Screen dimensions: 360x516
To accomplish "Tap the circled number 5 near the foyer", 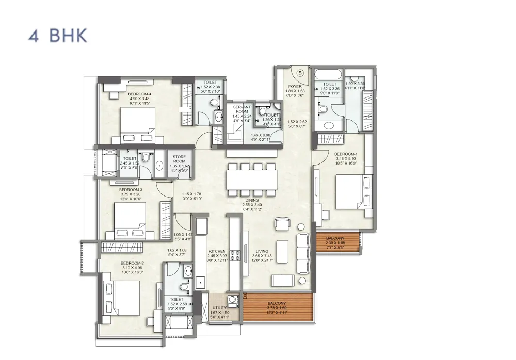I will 300,72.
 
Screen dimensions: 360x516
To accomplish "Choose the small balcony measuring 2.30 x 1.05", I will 338,241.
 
